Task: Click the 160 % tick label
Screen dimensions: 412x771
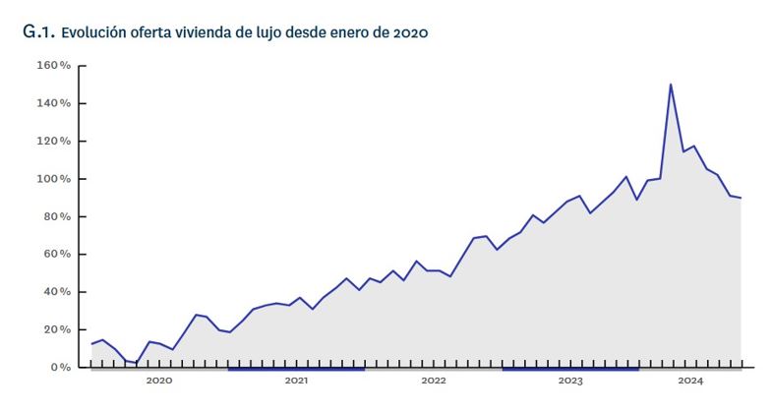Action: coord(54,66)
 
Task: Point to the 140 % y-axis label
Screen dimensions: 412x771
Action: coord(54,103)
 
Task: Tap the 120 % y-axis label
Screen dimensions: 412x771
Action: coord(54,142)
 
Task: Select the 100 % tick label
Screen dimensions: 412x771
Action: coord(54,179)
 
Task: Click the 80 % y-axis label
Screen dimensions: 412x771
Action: coord(57,216)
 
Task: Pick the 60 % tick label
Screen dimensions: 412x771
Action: coord(57,255)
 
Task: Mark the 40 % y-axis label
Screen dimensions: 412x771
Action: coord(57,292)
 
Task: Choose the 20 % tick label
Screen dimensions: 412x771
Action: coord(57,329)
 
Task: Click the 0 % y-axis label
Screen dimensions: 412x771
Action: coord(60,368)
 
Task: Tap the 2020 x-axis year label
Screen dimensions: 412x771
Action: coord(158,381)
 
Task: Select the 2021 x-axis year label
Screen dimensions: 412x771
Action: coord(296,381)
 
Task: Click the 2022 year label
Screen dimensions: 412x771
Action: coord(434,381)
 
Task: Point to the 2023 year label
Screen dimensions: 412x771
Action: coord(570,381)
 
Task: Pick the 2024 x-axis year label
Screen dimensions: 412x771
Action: coord(690,381)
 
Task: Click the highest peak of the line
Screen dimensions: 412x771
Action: coord(671,85)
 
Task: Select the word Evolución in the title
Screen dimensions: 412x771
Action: coord(94,32)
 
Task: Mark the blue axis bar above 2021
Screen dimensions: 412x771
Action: coord(296,369)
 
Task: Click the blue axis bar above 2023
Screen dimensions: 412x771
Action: coord(570,369)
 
